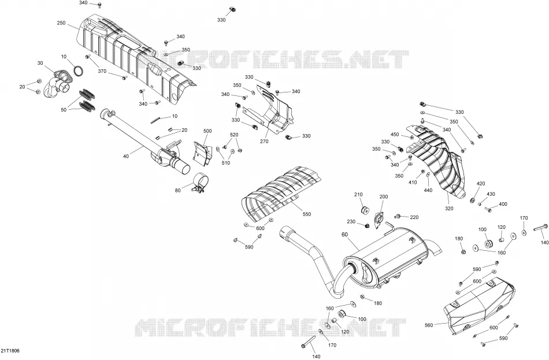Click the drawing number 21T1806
(10, 351)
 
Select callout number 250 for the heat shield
(61, 23)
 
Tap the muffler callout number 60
(345, 234)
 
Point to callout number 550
(306, 214)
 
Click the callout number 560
(429, 325)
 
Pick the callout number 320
(449, 209)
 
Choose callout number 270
(264, 142)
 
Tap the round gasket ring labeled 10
(79, 70)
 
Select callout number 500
(207, 131)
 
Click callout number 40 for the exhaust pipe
(126, 156)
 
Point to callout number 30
(40, 63)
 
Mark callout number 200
(384, 197)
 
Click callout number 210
(358, 195)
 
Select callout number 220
(414, 217)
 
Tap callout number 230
(351, 222)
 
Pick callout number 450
(395, 135)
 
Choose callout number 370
(102, 71)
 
